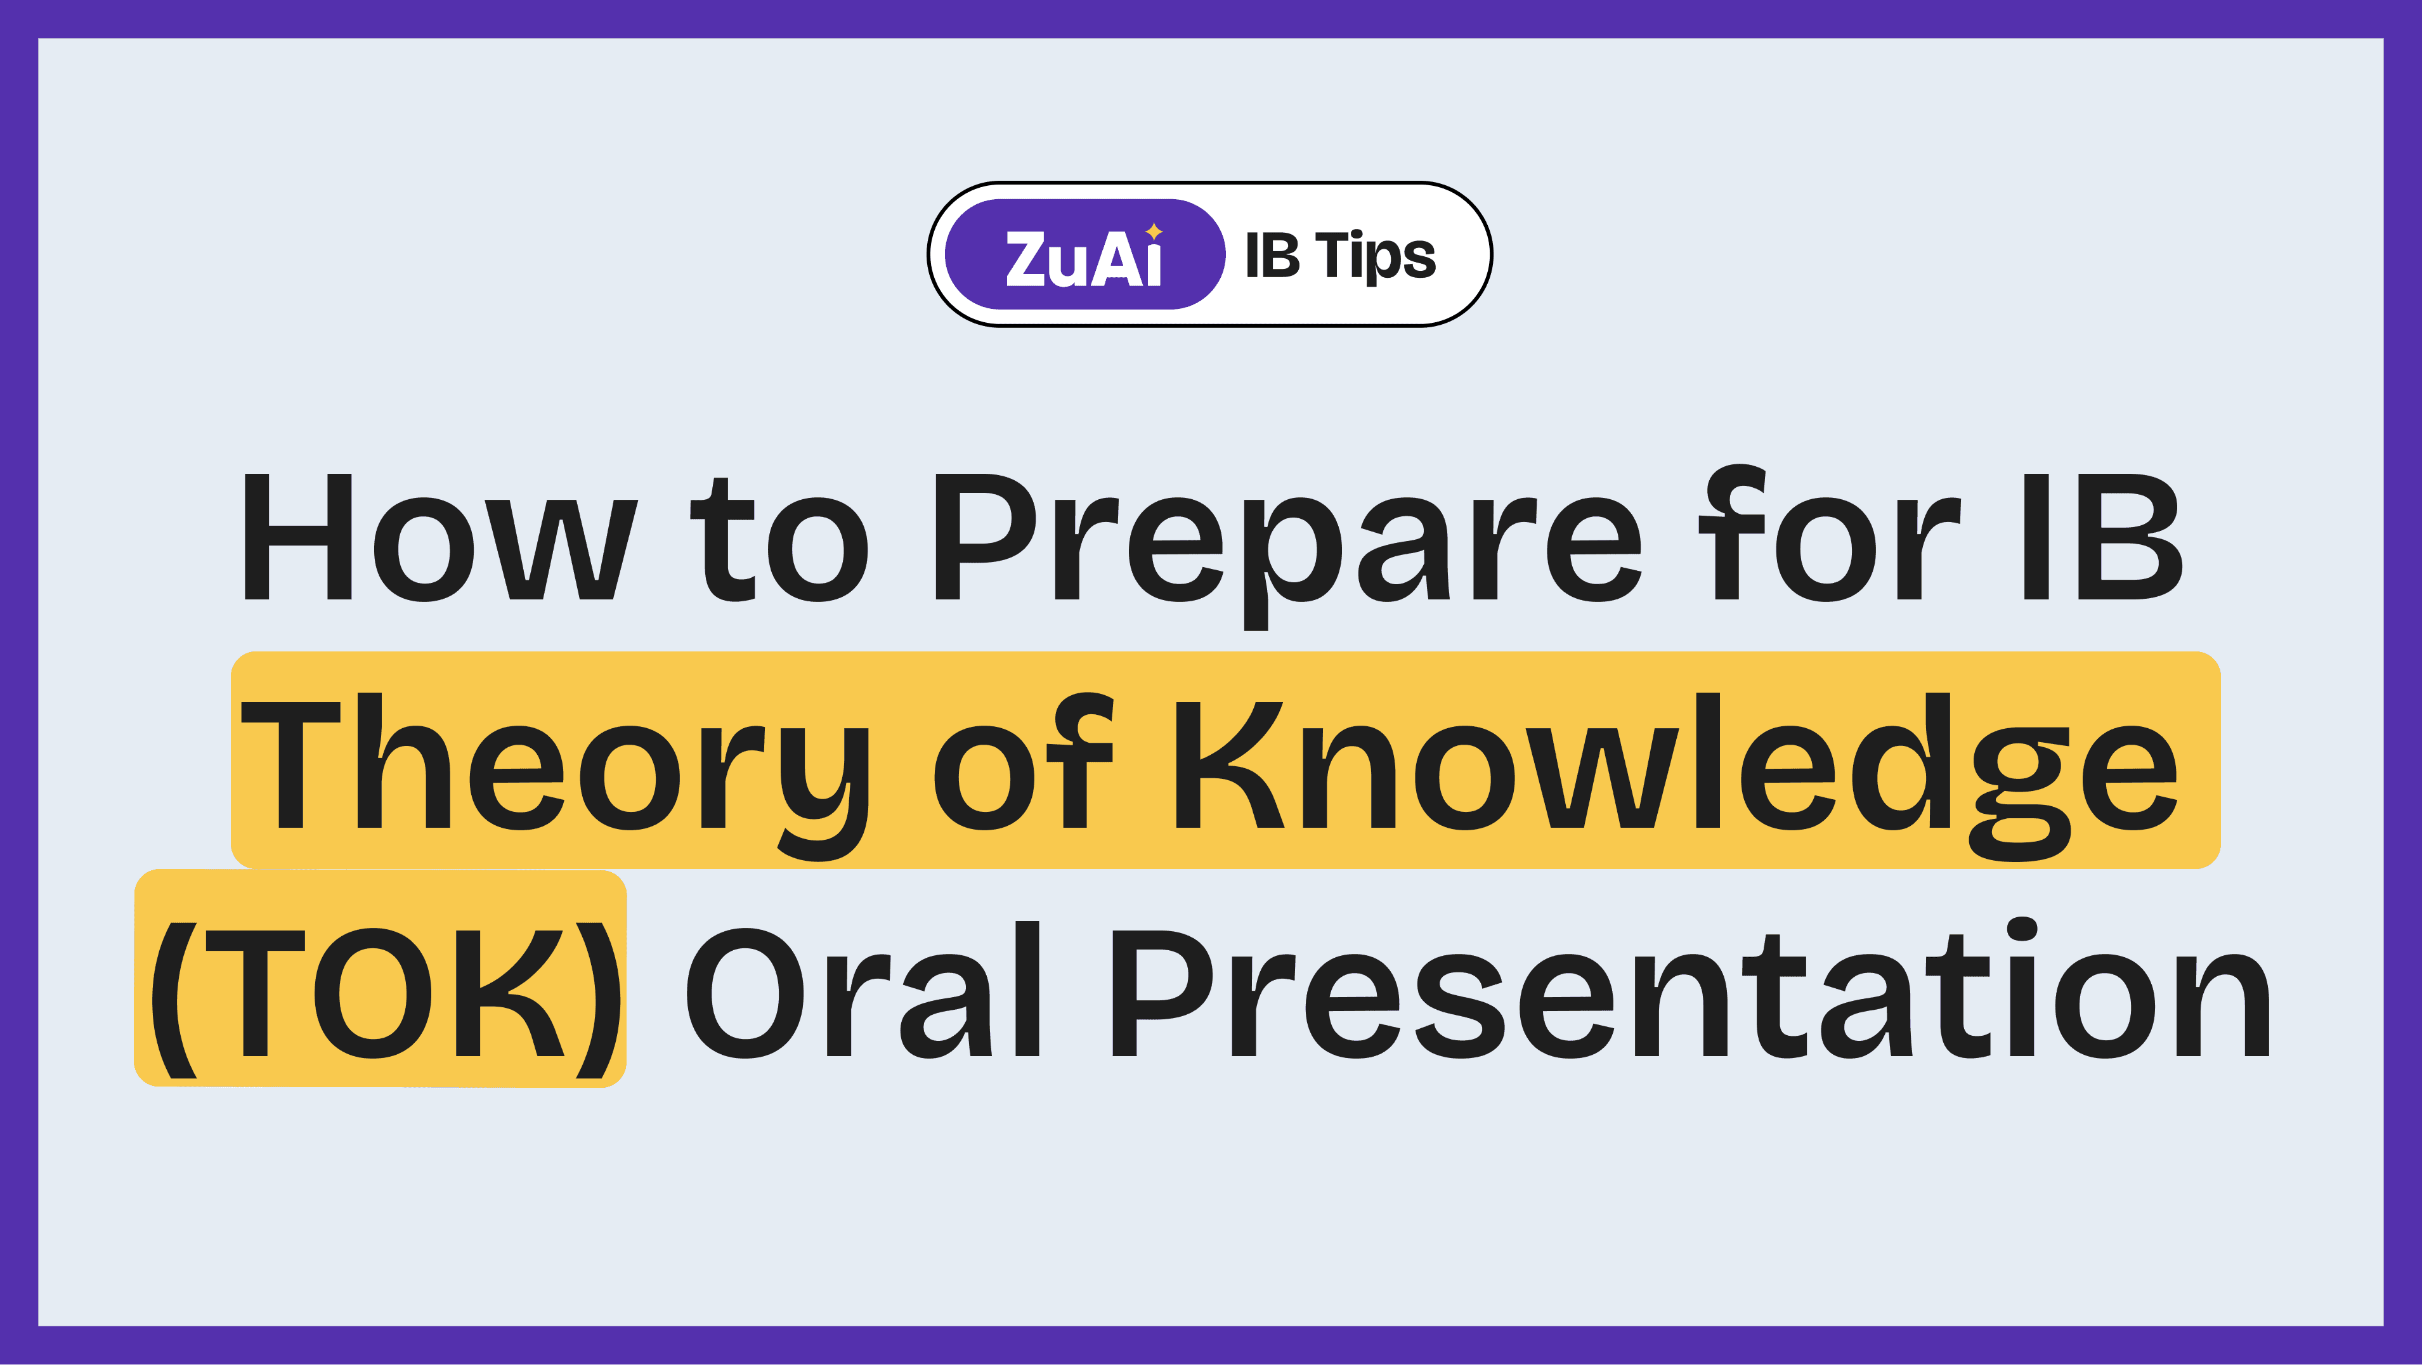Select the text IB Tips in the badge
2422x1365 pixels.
click(1340, 256)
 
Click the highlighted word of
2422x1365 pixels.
click(1023, 763)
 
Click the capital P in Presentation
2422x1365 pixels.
click(1161, 995)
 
